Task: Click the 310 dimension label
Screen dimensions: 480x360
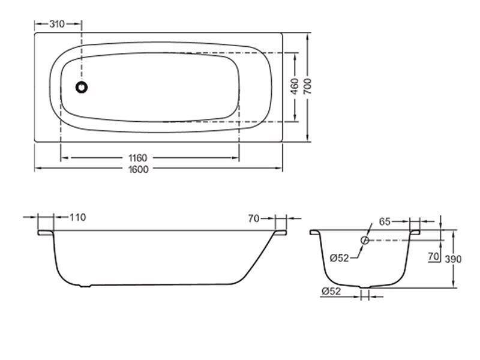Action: coord(57,24)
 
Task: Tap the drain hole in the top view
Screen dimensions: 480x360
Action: coord(82,87)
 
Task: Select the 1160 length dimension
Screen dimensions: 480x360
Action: coord(138,158)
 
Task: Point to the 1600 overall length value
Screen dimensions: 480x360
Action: coord(139,169)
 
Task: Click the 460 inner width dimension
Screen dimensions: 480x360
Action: coord(294,86)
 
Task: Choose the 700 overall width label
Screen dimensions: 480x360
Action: coord(307,86)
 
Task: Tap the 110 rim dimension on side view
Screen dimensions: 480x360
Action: coord(78,217)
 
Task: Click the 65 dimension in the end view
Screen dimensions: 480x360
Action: coord(385,221)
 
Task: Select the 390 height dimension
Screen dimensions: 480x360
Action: coord(453,259)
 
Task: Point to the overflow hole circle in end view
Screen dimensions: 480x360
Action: coord(365,241)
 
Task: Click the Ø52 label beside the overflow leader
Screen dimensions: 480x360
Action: coord(340,258)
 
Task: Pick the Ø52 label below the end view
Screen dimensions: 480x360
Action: coord(331,292)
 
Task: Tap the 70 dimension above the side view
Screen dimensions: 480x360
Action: coord(254,218)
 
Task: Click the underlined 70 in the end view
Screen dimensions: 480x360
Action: coord(434,257)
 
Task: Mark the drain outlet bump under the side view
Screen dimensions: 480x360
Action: coord(85,286)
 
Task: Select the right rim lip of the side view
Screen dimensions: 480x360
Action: coord(281,233)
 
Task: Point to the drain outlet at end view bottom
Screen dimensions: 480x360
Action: coord(365,287)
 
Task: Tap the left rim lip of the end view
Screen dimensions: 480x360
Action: coord(315,232)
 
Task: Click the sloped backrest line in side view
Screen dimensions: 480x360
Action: coord(257,258)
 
